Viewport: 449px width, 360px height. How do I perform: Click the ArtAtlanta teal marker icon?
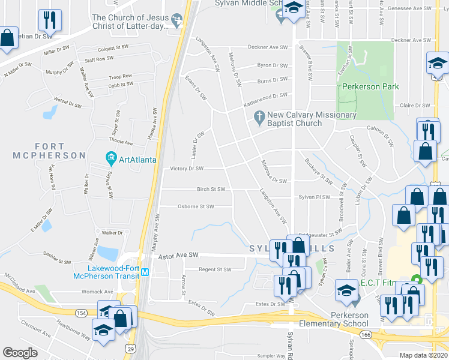[110, 159]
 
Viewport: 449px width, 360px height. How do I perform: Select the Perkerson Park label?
[370, 87]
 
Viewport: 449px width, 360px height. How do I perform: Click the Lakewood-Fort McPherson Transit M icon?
[145, 273]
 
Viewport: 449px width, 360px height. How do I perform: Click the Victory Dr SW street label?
[187, 169]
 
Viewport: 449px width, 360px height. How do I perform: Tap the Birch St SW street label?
[211, 189]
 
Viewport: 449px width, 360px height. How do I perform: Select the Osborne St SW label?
[196, 206]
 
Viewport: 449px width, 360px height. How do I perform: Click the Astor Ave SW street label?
[178, 256]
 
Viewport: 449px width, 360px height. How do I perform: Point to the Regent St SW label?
[215, 269]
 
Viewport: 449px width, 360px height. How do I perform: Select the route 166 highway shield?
[364, 333]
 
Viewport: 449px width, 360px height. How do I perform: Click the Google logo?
[20, 352]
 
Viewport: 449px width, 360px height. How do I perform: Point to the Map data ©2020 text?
[423, 355]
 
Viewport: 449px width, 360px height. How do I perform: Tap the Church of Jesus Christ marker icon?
[176, 21]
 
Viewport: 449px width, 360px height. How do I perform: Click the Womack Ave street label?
[97, 292]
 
